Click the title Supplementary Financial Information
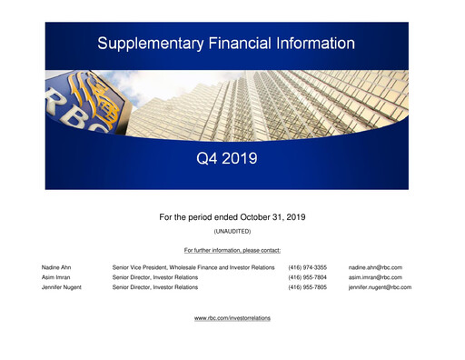pos(226,43)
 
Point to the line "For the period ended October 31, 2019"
pos(232,217)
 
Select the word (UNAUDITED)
pos(232,232)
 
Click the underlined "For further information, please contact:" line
pos(232,249)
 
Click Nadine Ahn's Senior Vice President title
pos(193,267)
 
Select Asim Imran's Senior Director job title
pos(154,277)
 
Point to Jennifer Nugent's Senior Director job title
pos(154,287)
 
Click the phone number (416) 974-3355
pos(307,267)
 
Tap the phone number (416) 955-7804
pos(307,277)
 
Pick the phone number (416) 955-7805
pos(307,287)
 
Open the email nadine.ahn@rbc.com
pos(375,267)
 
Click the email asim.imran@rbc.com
pos(375,277)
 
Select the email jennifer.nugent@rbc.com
pos(380,287)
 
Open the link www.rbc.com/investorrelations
pos(232,318)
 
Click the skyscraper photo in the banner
pos(272,100)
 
